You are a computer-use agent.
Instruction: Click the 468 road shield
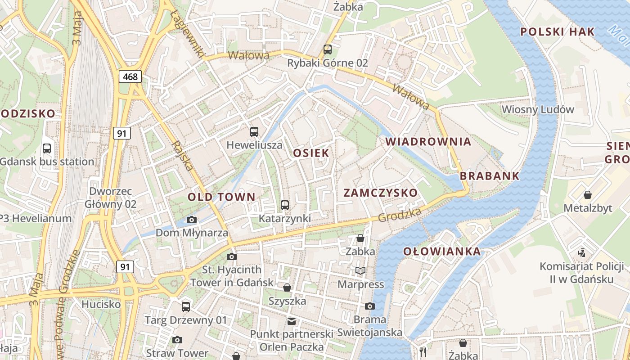coord(130,76)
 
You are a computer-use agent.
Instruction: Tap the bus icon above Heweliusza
coord(254,132)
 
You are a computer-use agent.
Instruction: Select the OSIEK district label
coord(311,153)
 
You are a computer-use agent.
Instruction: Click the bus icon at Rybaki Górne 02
coord(328,49)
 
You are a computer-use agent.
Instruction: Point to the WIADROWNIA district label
coord(428,142)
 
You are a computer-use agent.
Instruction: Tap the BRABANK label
coord(490,176)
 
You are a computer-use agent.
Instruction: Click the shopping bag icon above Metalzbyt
coord(588,195)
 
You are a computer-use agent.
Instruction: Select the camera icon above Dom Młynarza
coord(192,220)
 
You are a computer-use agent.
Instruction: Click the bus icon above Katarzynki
coord(285,205)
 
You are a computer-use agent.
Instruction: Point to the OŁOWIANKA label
coord(442,252)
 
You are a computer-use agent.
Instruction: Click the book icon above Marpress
coord(360,270)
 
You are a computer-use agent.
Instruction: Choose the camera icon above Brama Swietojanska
coord(370,306)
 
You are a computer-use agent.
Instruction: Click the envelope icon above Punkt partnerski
coord(292,321)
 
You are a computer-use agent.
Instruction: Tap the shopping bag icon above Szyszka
coord(287,288)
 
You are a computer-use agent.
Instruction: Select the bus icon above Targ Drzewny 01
coord(186,307)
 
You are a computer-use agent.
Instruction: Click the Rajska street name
coord(183,156)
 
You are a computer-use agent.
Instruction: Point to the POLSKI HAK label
coord(558,31)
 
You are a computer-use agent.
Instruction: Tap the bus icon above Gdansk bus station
coord(46,148)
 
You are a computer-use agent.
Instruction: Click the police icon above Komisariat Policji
coord(581,252)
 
